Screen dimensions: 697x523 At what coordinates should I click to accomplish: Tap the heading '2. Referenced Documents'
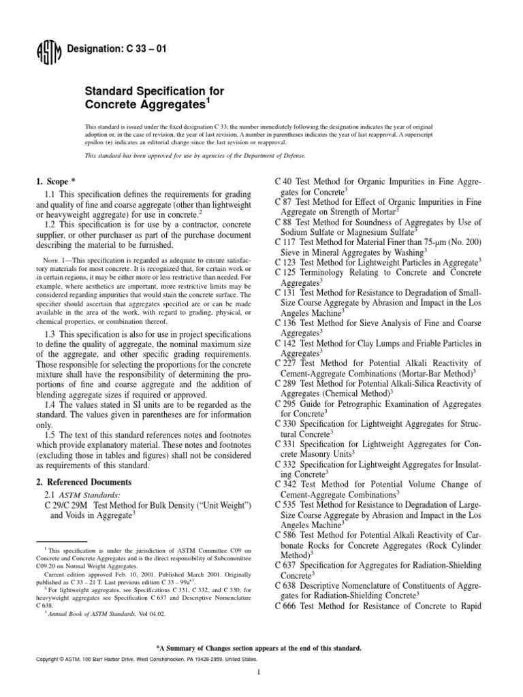point(83,482)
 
